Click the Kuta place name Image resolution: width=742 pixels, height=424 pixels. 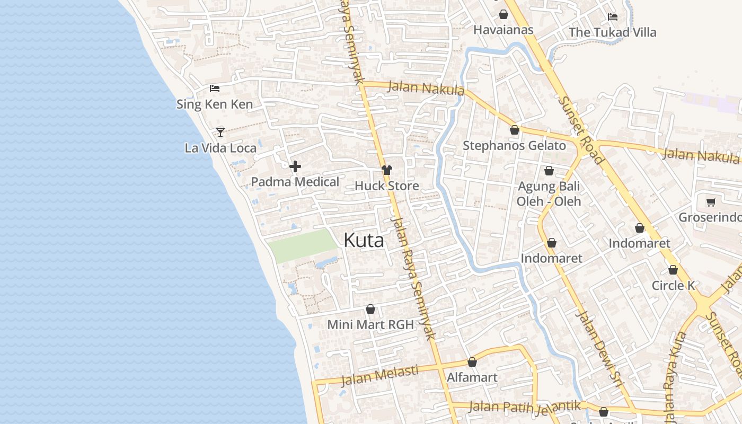(x=364, y=240)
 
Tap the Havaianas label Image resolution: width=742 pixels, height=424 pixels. (x=503, y=30)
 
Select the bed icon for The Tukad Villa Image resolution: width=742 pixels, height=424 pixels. (x=613, y=17)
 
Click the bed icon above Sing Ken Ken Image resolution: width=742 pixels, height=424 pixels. (x=215, y=89)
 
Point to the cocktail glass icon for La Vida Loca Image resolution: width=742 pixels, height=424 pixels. (x=220, y=132)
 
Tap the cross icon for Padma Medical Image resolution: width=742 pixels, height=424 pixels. (x=295, y=166)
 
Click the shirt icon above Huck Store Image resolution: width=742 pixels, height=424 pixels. (x=387, y=170)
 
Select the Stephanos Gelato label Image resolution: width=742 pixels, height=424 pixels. (x=514, y=145)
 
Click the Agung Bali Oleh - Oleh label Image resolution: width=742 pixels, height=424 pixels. (x=549, y=194)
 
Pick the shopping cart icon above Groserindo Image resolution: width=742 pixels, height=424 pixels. (x=711, y=202)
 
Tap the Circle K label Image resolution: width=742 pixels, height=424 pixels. (x=673, y=285)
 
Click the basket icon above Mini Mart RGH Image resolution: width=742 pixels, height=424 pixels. (x=370, y=309)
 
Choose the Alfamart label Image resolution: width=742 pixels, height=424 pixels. (x=472, y=377)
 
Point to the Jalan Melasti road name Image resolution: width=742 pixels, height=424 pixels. (x=379, y=375)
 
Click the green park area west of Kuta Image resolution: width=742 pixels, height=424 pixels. (x=302, y=246)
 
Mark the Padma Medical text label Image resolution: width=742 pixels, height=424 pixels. (x=295, y=182)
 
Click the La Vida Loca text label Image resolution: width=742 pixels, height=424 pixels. (x=220, y=148)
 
